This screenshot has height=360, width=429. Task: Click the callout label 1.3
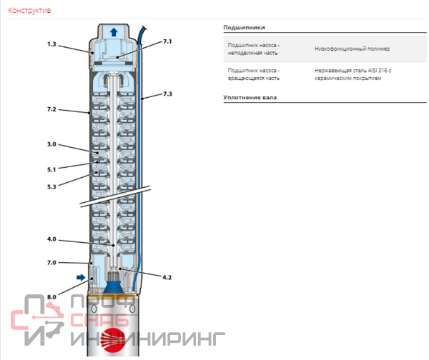(x=52, y=44)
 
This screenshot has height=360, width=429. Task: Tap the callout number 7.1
(x=167, y=43)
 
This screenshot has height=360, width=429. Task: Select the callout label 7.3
(x=167, y=94)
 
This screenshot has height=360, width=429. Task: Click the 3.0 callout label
(x=51, y=144)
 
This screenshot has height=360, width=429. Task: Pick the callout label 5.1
(x=51, y=169)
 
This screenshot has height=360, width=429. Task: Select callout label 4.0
(x=51, y=239)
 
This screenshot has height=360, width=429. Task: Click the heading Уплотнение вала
(x=250, y=96)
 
